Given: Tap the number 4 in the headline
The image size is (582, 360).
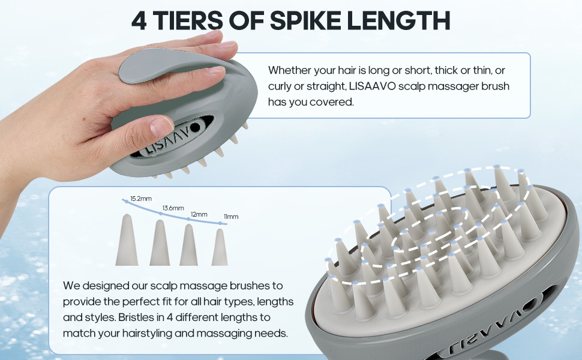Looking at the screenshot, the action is coord(139,20).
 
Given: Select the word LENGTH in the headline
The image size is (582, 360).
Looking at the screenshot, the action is coord(398,20).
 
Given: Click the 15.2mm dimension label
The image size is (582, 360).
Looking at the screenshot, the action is coord(140,199).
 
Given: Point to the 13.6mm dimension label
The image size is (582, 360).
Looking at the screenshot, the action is coord(173,208).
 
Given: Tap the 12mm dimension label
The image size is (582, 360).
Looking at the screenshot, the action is coord(199,215).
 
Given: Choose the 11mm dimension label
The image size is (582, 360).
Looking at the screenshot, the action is coord(231,217).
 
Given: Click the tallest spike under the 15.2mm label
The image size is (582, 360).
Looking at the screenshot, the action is coord(127,240).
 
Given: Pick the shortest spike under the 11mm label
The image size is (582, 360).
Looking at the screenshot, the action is coord(220,247).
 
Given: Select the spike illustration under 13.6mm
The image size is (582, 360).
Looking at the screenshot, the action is coord(160,243).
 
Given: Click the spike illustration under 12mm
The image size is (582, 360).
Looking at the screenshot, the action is coord(188,245).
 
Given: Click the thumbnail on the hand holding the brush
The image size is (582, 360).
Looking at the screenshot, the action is coord(161,126).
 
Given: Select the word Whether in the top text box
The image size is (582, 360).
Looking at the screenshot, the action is coord(290,70).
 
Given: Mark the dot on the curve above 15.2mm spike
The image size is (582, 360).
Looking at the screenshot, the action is coord(127,201).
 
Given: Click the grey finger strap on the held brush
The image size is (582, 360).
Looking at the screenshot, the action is coord(156,67).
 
